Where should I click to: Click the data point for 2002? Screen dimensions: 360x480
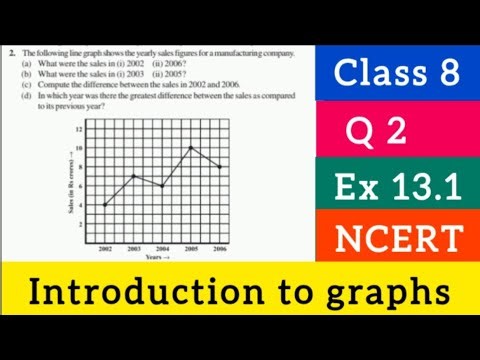105,205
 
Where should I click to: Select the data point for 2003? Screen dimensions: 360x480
134,176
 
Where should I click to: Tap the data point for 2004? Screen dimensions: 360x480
163,186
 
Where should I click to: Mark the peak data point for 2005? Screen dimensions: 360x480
191,148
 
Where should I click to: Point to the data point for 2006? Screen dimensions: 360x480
220,167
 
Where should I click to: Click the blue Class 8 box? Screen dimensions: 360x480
399,72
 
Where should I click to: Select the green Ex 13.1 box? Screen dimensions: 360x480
399,187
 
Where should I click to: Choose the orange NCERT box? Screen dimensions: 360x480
399,239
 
